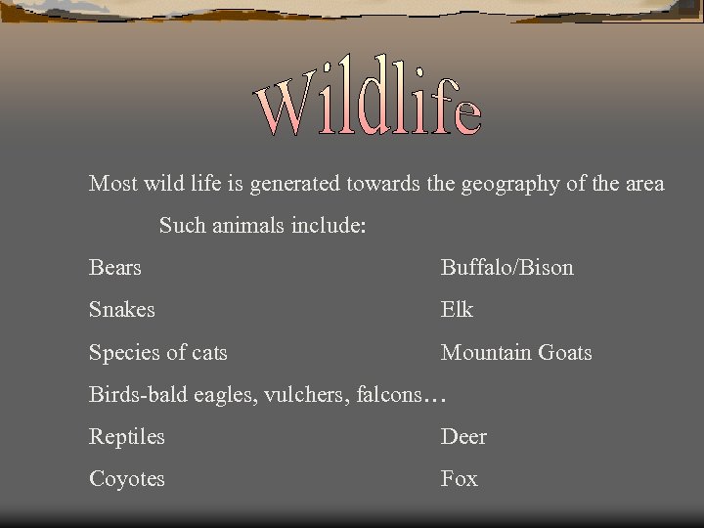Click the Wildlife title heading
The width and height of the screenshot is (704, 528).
pos(369,98)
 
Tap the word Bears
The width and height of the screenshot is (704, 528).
pos(115,268)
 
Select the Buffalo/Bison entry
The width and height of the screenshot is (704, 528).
pos(506,268)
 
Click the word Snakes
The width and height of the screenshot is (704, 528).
pos(122,310)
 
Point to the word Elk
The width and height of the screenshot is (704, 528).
pos(457,310)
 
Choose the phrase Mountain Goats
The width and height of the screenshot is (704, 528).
pos(516,353)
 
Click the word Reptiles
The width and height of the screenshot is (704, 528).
pos(127,437)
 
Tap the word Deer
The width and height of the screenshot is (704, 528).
pos(463,437)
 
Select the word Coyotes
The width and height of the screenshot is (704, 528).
pos(127,479)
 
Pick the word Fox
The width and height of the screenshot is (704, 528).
pos(460,479)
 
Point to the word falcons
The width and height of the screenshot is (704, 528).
pos(384,395)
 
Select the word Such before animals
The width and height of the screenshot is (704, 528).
pos(183,226)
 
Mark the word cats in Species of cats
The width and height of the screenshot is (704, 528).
pos(209,353)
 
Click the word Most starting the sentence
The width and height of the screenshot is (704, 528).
pos(112,184)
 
